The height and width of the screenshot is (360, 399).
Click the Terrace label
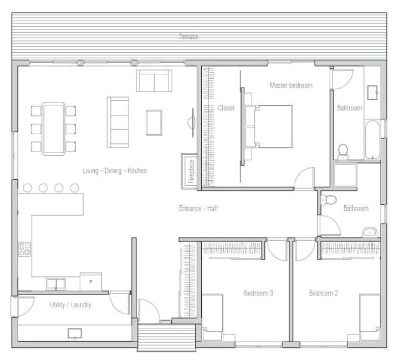[188, 37]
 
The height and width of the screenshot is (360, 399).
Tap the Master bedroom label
[290, 85]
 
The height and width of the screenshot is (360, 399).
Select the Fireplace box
[190, 170]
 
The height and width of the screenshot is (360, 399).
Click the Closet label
[226, 108]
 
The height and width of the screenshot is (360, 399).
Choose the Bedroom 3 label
[258, 293]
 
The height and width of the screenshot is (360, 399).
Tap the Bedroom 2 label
[323, 293]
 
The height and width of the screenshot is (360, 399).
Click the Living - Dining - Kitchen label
[115, 171]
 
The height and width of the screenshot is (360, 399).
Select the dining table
[54, 128]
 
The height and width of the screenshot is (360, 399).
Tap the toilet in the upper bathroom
[343, 150]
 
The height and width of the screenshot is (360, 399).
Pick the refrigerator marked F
[90, 281]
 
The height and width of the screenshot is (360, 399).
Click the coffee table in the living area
[154, 122]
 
